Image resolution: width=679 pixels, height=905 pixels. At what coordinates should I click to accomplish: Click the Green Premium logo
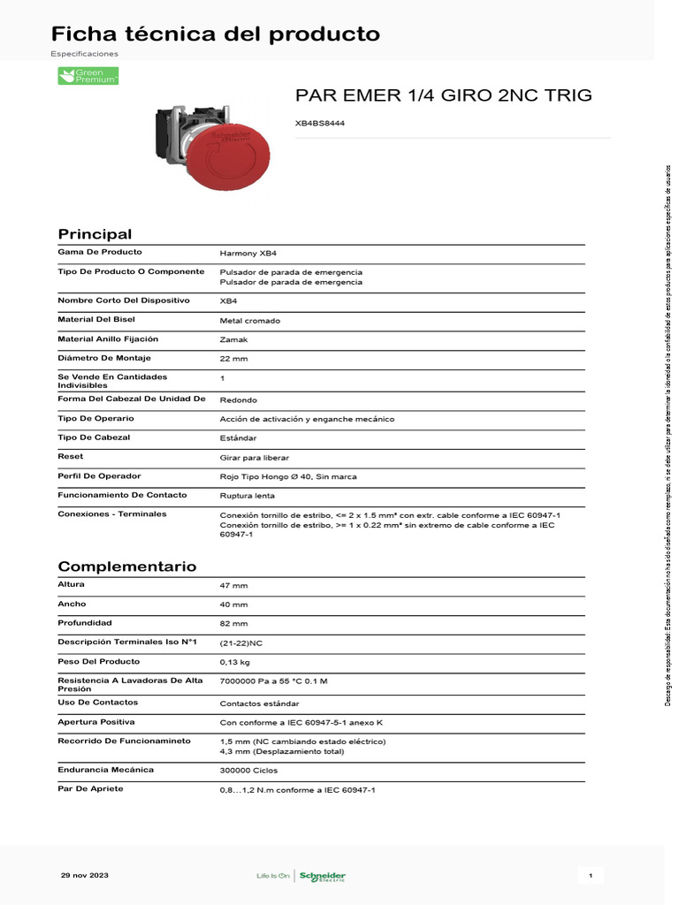(x=88, y=76)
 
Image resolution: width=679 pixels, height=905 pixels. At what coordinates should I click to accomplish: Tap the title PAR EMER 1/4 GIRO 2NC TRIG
(x=443, y=95)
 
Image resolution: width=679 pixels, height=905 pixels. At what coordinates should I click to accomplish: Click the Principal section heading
(x=95, y=234)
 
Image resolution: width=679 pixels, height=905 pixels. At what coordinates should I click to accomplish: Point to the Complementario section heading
(x=127, y=567)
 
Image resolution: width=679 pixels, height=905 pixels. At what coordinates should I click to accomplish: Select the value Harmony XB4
(x=248, y=253)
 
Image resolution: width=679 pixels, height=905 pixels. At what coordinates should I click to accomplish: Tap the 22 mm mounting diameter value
(x=233, y=359)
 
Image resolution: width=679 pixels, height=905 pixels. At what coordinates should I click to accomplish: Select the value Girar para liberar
(x=254, y=458)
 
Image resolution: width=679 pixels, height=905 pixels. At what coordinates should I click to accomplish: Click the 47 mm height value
(x=233, y=586)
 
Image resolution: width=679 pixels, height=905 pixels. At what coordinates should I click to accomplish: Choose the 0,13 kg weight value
(x=235, y=662)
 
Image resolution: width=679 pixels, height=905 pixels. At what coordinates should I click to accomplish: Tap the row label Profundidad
(x=85, y=622)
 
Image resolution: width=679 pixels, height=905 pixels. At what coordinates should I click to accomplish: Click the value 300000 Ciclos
(x=249, y=771)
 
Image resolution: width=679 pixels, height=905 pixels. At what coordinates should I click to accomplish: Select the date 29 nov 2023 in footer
(x=85, y=875)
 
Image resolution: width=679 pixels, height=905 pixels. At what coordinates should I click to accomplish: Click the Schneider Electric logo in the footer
(x=322, y=876)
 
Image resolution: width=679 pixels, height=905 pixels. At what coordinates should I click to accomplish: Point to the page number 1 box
(x=590, y=875)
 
